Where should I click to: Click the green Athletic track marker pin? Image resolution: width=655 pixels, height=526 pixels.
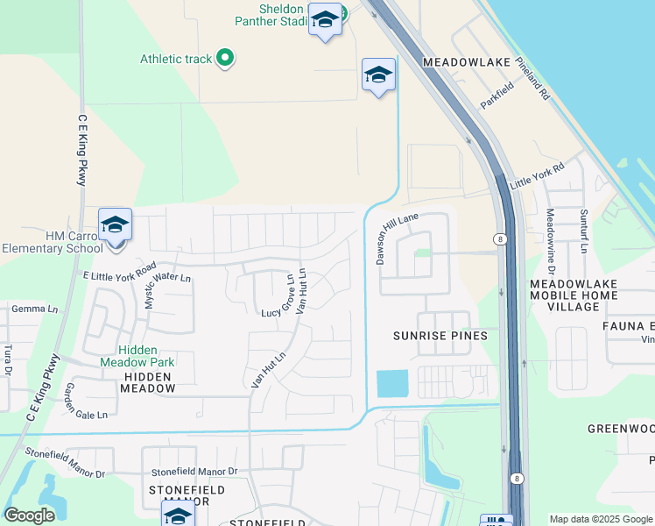point(225,59)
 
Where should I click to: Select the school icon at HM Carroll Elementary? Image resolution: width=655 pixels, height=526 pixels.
point(115,224)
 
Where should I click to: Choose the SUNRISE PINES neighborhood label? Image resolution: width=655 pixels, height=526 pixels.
point(440,336)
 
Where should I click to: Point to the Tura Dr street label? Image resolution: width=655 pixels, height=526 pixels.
point(8,359)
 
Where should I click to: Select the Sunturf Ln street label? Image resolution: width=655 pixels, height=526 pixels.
point(583,231)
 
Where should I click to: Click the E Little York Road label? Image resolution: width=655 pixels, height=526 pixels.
point(119,272)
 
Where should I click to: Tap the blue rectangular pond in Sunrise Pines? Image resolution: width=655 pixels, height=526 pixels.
point(392,383)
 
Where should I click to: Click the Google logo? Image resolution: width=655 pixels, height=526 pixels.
point(30,515)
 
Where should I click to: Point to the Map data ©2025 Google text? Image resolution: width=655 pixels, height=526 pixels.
point(601,519)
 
